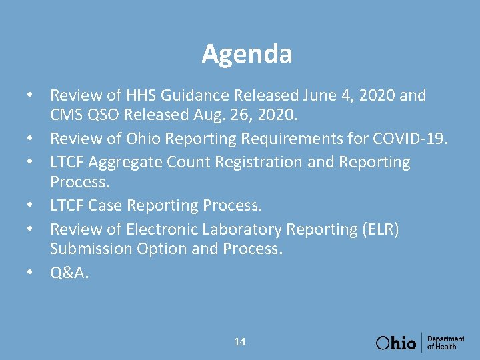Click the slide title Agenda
coord(247,54)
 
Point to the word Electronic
coord(161,229)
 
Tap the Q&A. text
coord(69,272)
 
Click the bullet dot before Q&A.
coord(31,273)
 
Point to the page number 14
coord(240,342)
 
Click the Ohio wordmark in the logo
coord(396,343)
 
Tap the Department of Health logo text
coord(445,343)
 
